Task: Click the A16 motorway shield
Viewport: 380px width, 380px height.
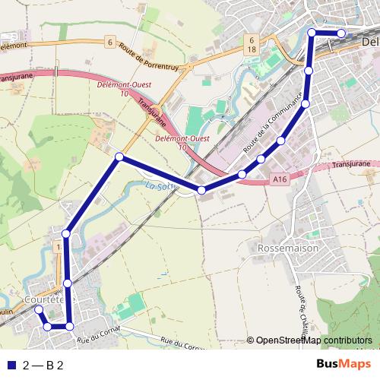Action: click(278, 179)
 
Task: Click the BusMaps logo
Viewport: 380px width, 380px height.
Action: click(344, 364)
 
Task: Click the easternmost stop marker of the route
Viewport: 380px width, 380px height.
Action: click(342, 33)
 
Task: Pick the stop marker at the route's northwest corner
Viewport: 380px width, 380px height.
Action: click(119, 157)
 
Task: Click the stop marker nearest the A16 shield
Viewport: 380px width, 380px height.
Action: click(261, 159)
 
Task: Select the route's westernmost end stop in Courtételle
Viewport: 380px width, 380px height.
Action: click(39, 309)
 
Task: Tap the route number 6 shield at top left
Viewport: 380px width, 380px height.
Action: click(110, 41)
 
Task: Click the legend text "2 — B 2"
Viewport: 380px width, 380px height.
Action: click(43, 365)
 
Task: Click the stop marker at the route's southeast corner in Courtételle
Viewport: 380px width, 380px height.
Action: click(70, 326)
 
